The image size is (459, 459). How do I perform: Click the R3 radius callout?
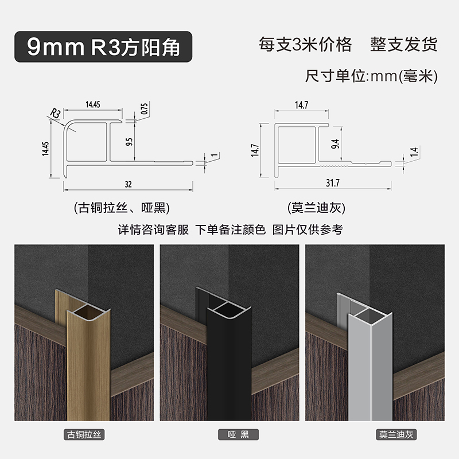point(56,112)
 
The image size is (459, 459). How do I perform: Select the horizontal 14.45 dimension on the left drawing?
point(93,104)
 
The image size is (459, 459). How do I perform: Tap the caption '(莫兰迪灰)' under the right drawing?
point(318,207)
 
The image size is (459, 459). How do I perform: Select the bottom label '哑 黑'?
point(231,435)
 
